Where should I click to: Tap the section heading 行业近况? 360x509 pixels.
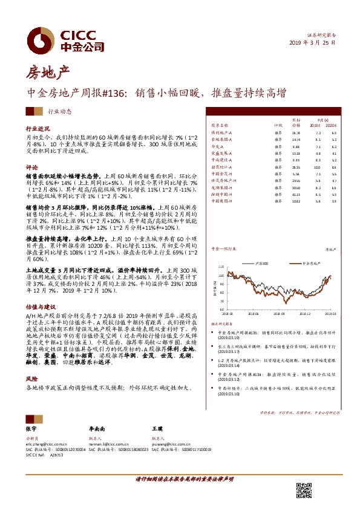tap(38, 129)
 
